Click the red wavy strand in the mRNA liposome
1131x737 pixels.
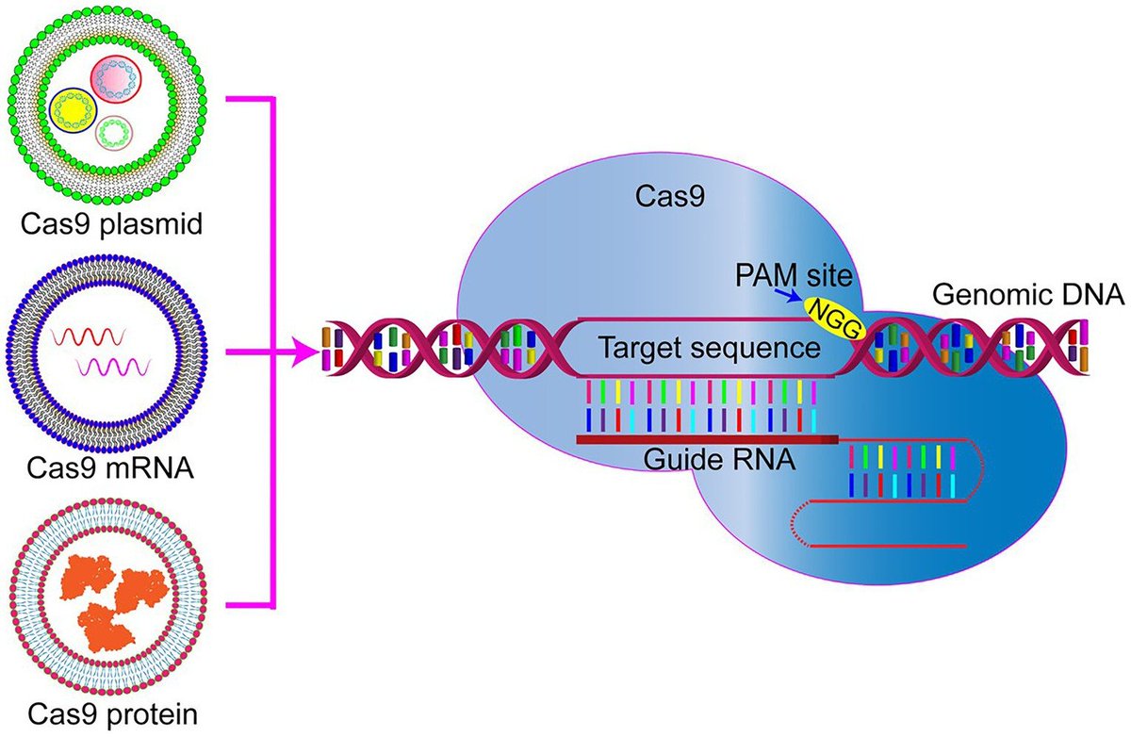89,336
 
